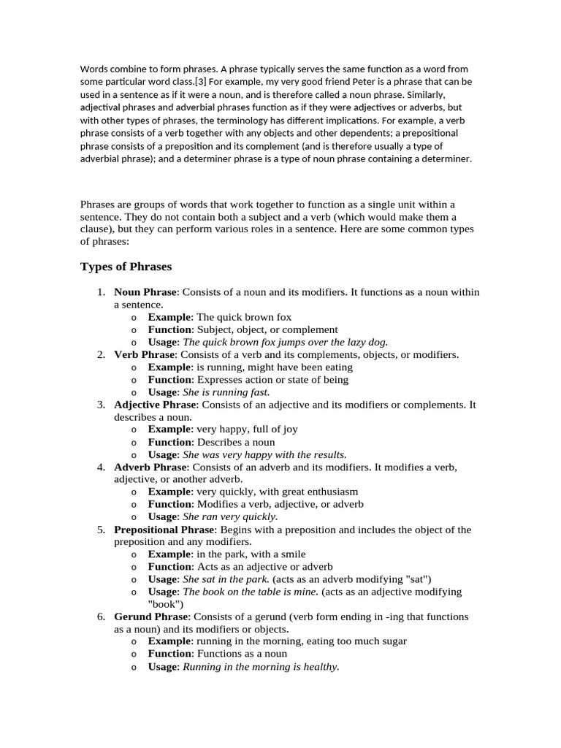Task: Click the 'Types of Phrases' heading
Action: point(126,267)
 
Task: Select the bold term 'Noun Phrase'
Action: point(145,292)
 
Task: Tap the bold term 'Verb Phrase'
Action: point(144,354)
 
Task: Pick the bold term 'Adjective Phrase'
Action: point(155,404)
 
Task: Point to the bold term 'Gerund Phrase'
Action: point(151,617)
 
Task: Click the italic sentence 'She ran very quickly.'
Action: point(229,516)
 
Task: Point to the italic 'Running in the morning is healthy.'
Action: point(261,666)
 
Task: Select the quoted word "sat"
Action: point(401,579)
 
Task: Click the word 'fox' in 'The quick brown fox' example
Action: point(283,317)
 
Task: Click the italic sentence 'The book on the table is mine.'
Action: point(250,592)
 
